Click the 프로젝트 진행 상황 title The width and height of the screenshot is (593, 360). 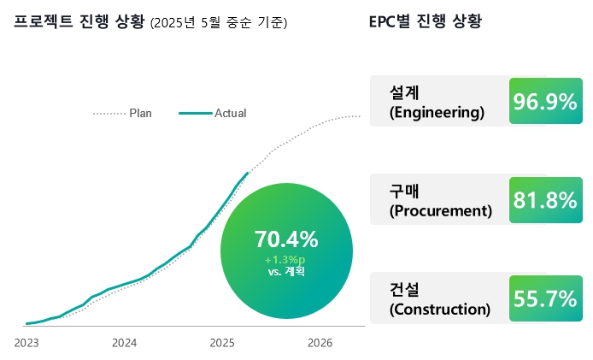(x=79, y=21)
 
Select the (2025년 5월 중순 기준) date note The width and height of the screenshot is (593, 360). (x=218, y=23)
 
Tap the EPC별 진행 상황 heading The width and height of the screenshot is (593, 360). (x=425, y=21)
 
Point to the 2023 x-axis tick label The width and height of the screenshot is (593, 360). (x=27, y=343)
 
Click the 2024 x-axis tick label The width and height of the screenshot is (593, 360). (x=125, y=343)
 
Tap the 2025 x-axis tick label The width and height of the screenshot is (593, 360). (x=222, y=343)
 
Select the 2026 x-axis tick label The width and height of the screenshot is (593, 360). (x=320, y=343)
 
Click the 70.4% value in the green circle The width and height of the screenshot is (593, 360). (x=286, y=239)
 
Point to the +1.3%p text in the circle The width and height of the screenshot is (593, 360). (x=285, y=259)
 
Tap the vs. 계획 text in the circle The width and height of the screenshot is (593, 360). (x=286, y=272)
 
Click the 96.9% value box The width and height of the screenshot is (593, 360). (x=545, y=102)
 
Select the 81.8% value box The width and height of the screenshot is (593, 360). (x=545, y=200)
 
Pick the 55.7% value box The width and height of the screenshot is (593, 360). (x=545, y=298)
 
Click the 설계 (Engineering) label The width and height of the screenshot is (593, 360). (x=436, y=102)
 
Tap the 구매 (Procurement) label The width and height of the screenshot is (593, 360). (x=440, y=200)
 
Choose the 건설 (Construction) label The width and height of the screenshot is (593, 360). (x=439, y=298)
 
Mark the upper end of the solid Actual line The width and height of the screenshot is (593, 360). (x=248, y=173)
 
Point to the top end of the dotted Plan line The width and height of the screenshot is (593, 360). (x=360, y=115)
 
